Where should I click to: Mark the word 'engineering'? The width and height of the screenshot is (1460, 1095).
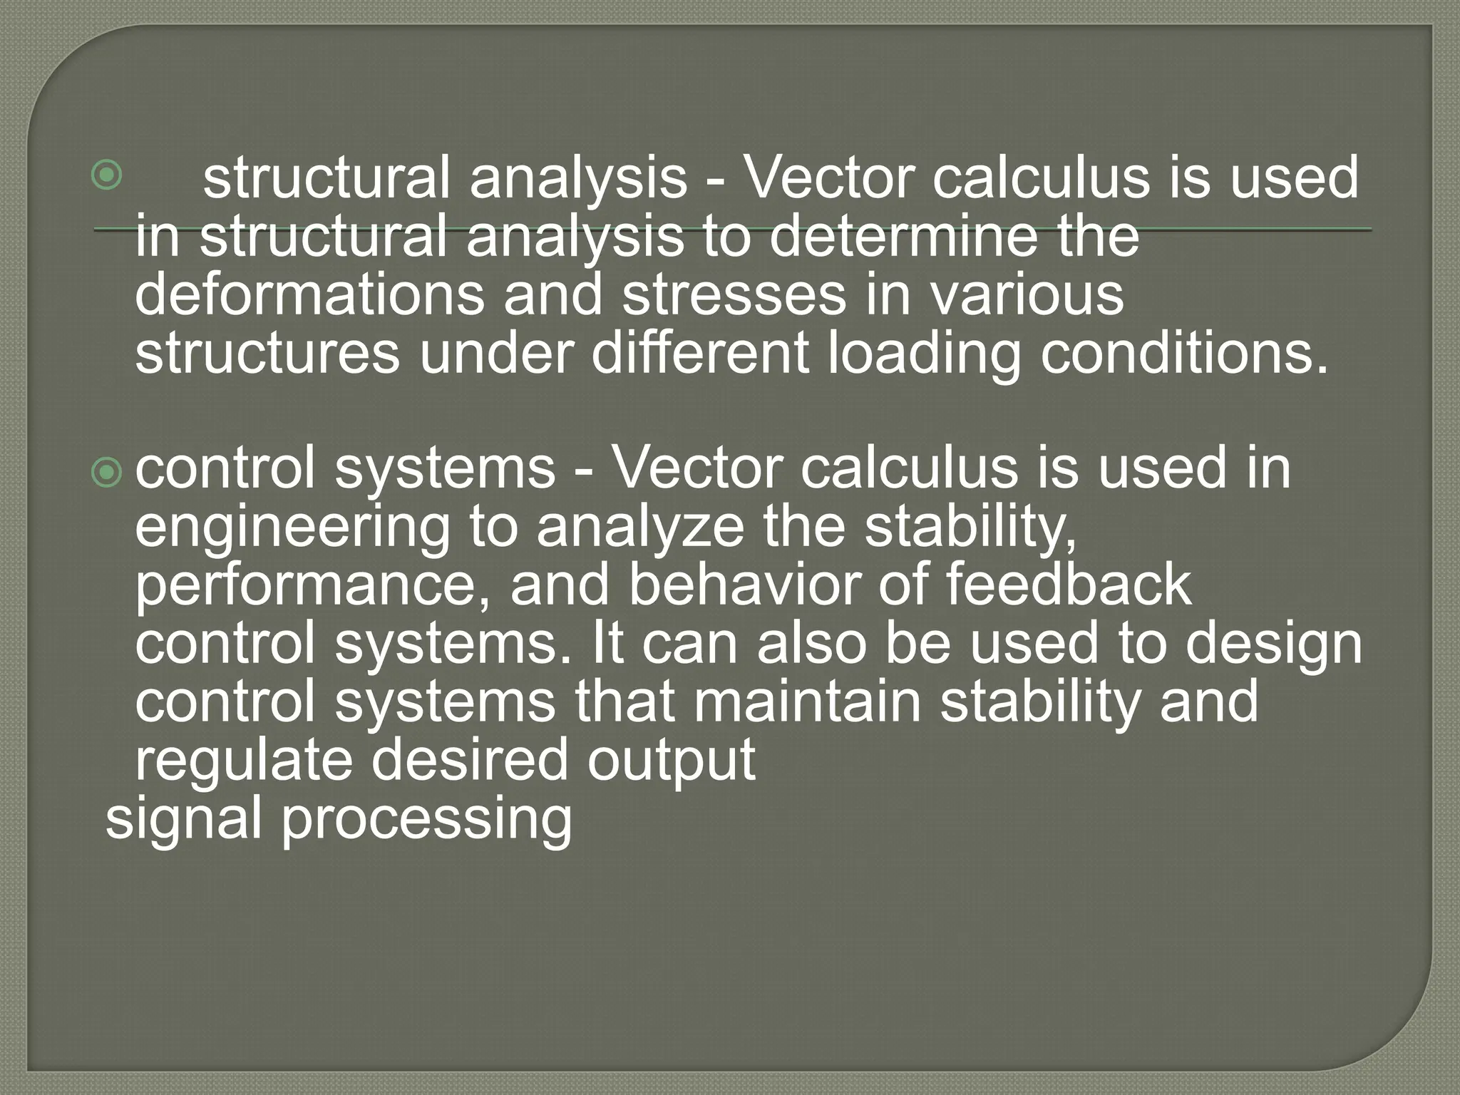[292, 529]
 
